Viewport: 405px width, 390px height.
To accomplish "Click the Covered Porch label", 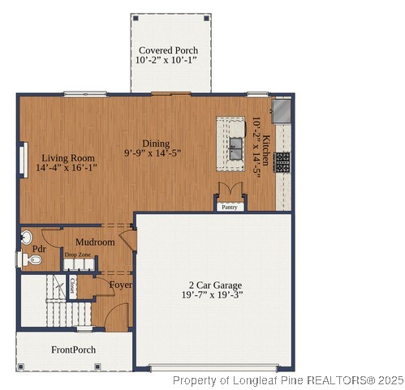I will (168, 50).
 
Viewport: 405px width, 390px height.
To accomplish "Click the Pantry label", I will (230, 208).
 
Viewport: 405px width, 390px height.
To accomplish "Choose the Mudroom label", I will (94, 242).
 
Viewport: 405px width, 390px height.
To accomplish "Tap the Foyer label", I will (121, 285).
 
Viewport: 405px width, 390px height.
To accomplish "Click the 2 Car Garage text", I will (215, 285).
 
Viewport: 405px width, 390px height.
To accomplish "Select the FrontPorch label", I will (74, 350).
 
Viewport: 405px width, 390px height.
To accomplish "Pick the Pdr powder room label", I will (38, 249).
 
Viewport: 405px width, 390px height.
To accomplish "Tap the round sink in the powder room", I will (27, 238).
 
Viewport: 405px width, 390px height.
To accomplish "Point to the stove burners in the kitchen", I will (282, 161).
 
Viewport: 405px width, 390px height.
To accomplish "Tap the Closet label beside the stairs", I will (72, 285).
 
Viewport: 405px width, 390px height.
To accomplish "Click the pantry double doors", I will (230, 191).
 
